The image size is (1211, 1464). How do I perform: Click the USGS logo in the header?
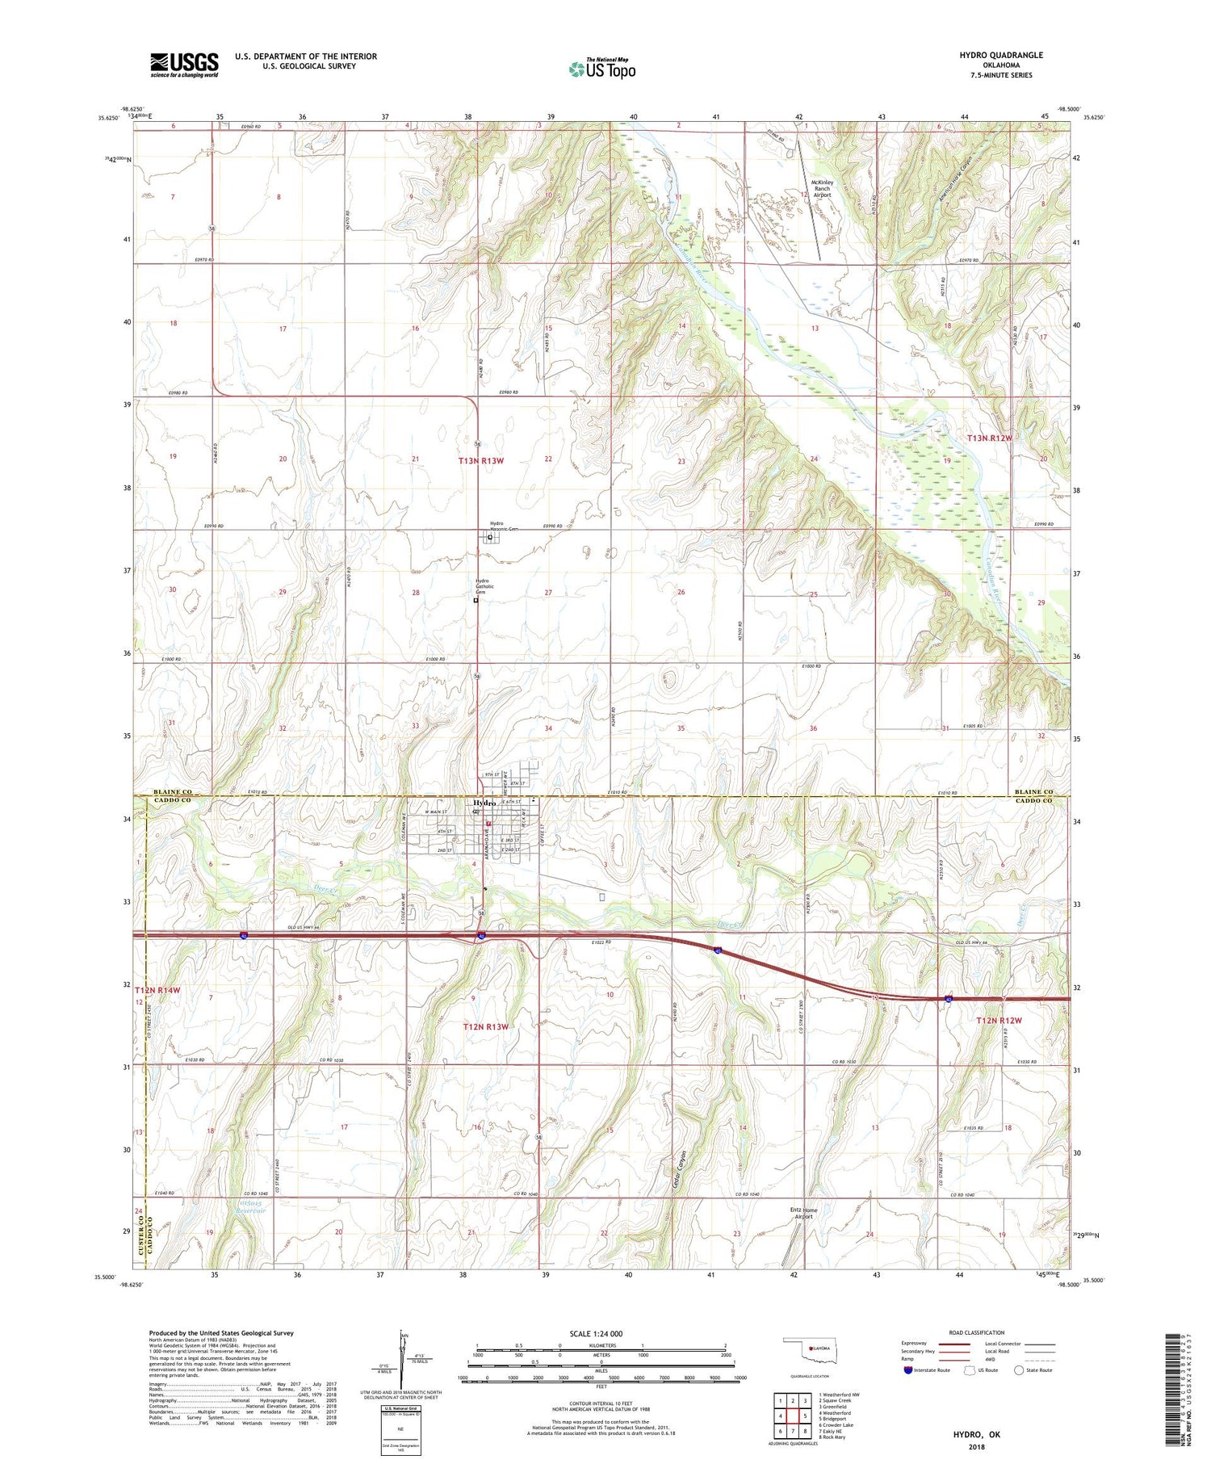pyautogui.click(x=184, y=65)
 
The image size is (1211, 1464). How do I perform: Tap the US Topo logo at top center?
pyautogui.click(x=601, y=69)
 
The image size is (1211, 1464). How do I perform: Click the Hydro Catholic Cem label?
pyautogui.click(x=482, y=586)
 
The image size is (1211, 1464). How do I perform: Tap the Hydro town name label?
pyautogui.click(x=484, y=803)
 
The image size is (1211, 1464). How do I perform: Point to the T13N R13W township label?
pyautogui.click(x=481, y=460)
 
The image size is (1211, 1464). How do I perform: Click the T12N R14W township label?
pyautogui.click(x=158, y=990)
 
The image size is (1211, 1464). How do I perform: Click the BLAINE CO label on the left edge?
pyautogui.click(x=174, y=791)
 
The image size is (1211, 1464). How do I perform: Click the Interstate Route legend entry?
pyautogui.click(x=930, y=1370)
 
